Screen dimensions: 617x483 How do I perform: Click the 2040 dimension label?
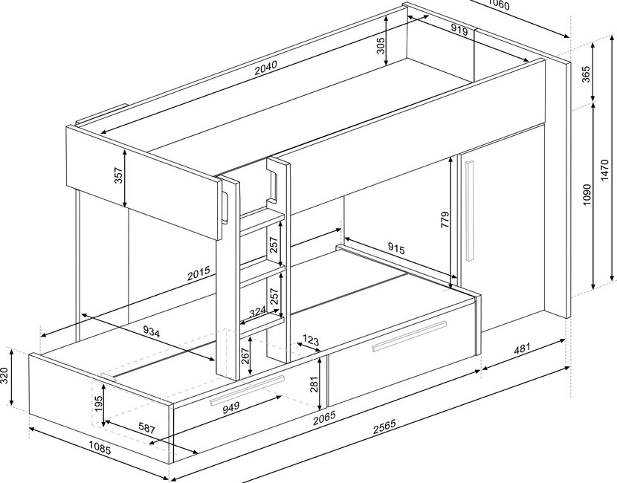(x=265, y=68)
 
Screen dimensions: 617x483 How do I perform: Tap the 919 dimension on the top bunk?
(x=459, y=30)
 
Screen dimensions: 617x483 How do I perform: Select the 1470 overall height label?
(x=605, y=170)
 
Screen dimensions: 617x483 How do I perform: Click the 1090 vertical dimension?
(x=587, y=194)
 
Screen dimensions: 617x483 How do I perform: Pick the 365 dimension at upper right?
(x=586, y=74)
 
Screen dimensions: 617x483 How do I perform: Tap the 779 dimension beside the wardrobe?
(x=445, y=220)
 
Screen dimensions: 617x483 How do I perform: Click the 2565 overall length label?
(x=384, y=427)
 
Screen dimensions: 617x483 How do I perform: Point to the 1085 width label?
(x=100, y=447)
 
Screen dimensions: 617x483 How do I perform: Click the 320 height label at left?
(x=4, y=376)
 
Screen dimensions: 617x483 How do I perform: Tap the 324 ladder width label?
(x=258, y=312)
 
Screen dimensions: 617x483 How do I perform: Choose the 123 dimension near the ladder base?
(x=311, y=340)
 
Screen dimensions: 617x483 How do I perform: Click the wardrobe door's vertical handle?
(x=469, y=210)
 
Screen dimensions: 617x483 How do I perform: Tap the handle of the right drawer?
(x=410, y=336)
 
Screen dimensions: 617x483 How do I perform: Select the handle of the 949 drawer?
(x=247, y=391)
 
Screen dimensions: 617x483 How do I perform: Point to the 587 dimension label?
(x=146, y=428)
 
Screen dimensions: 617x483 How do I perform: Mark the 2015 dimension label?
(x=198, y=273)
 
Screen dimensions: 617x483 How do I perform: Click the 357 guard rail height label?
(x=118, y=175)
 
